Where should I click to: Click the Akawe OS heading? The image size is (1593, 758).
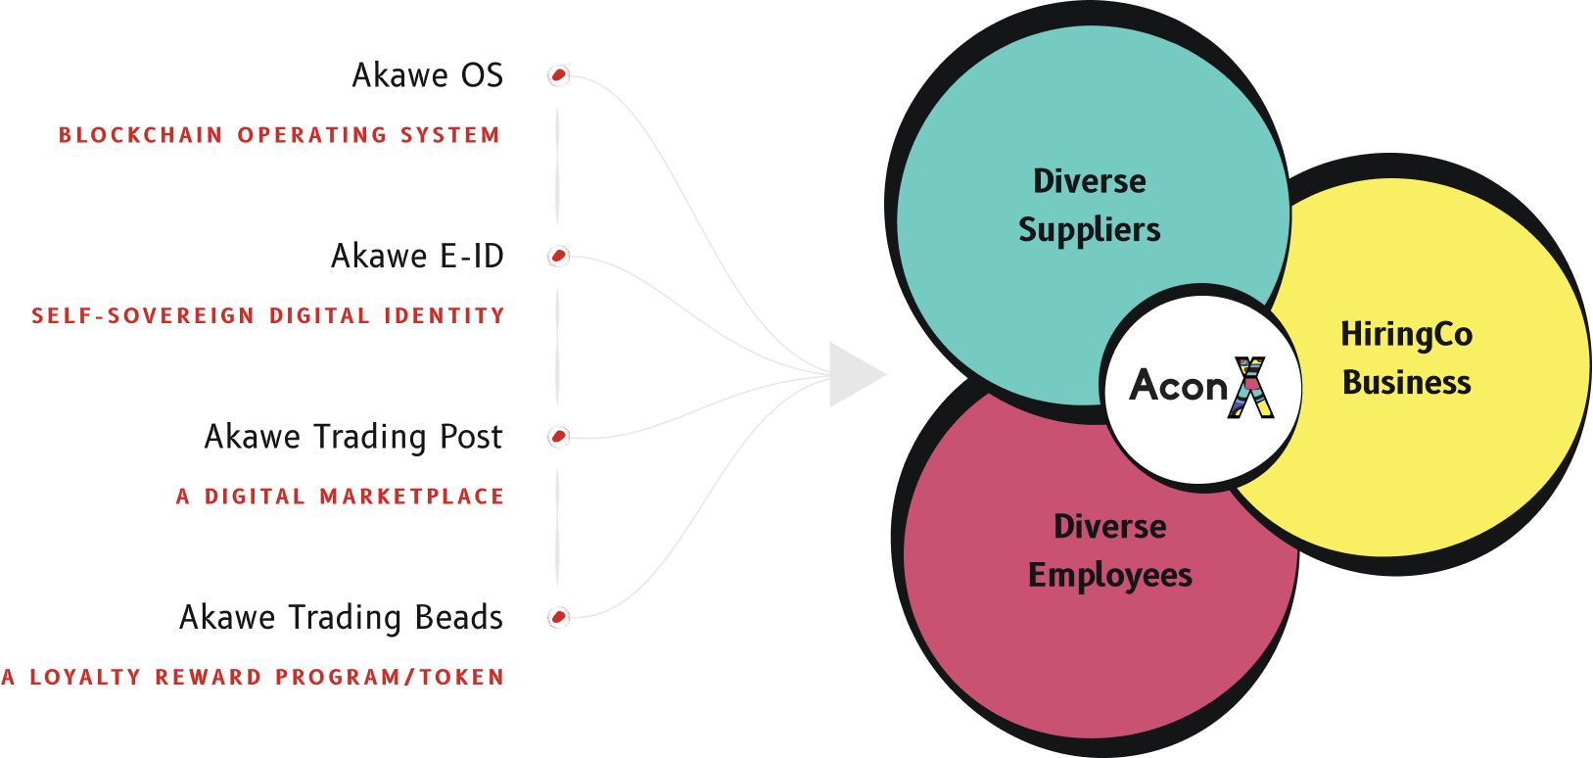[x=427, y=75]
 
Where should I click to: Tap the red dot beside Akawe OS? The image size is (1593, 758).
[x=558, y=75]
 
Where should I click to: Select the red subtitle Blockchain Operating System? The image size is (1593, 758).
[x=279, y=135]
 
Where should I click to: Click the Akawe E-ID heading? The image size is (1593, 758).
[x=417, y=257]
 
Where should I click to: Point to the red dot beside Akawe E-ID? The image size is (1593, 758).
[x=558, y=257]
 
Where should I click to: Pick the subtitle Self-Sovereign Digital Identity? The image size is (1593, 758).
[x=268, y=316]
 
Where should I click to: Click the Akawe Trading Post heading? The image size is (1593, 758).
[x=352, y=437]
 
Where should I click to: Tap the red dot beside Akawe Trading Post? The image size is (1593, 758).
[x=558, y=437]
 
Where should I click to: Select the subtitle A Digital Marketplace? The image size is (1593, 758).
[x=340, y=497]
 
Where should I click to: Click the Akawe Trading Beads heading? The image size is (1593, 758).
[x=341, y=618]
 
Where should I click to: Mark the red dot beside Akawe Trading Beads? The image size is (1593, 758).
[x=558, y=617]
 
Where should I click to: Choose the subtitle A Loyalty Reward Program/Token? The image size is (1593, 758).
[x=253, y=677]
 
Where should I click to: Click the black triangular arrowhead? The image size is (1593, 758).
[x=853, y=374]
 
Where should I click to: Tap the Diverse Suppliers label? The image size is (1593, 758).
[x=1090, y=205]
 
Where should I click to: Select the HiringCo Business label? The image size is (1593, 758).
[x=1406, y=357]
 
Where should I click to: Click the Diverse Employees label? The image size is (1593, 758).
[x=1109, y=550]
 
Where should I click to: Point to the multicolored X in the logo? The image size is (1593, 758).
[x=1250, y=387]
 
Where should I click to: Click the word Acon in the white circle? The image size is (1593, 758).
[x=1178, y=386]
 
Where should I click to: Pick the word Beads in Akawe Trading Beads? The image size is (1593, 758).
[x=458, y=618]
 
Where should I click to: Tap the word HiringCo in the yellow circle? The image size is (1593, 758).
[x=1406, y=334]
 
